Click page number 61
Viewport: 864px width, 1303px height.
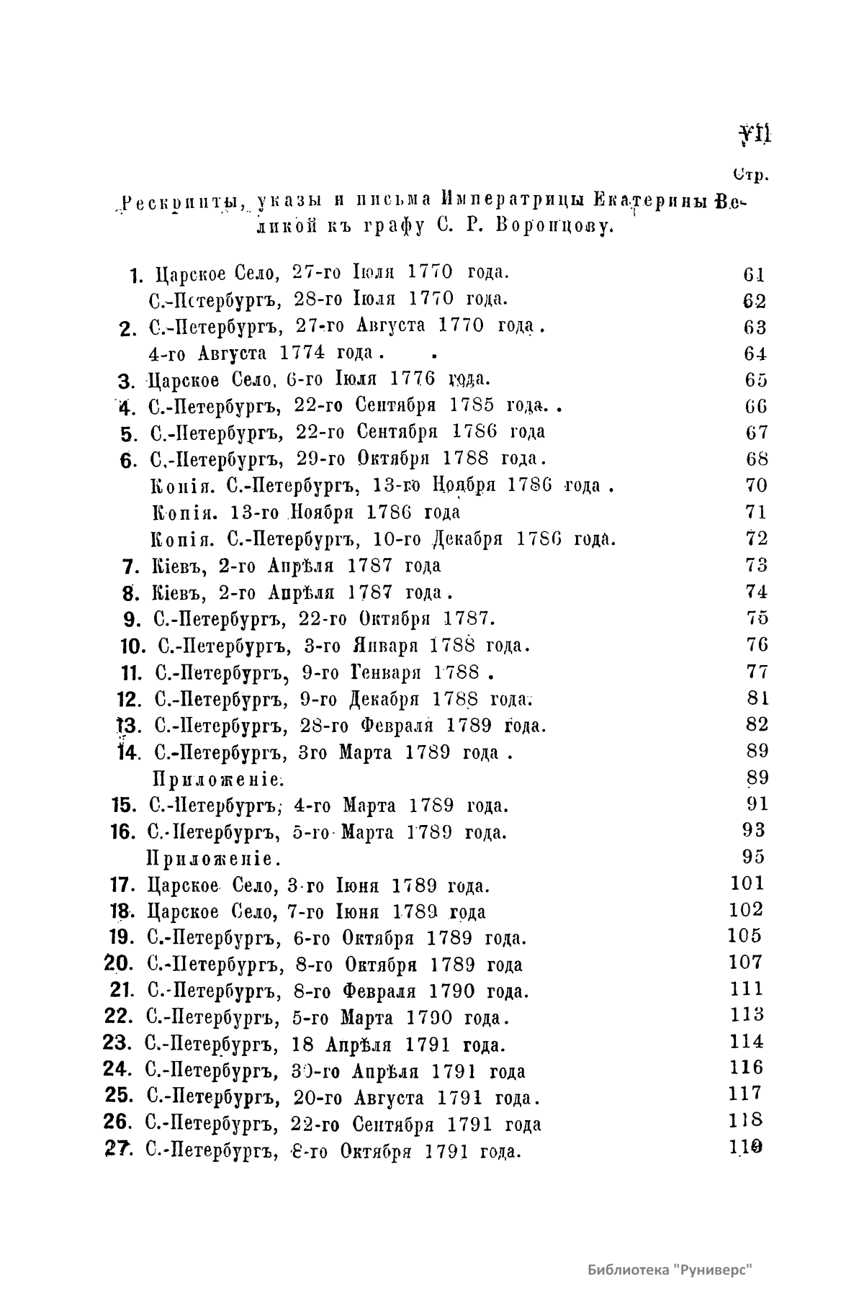(x=753, y=274)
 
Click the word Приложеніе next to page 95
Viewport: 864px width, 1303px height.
(x=213, y=859)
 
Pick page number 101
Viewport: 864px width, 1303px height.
(x=747, y=883)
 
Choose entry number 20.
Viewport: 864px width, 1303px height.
(x=117, y=964)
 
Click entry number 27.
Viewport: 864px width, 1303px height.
(x=117, y=1150)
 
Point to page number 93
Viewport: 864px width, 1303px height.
(x=754, y=831)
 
